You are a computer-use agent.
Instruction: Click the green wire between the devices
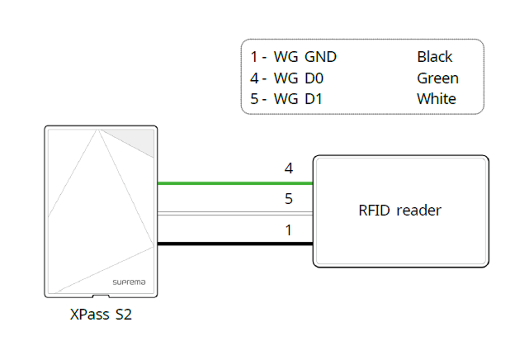point(234,183)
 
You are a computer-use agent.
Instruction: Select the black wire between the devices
point(234,244)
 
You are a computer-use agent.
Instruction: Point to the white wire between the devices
point(234,214)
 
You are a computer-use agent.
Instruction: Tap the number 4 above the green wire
point(288,168)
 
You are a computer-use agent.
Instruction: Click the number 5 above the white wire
point(288,199)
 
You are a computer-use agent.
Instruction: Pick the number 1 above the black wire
point(288,230)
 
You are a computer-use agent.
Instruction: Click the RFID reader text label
point(400,211)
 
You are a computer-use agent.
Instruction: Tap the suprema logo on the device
point(128,282)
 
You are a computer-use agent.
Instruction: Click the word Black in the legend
point(434,57)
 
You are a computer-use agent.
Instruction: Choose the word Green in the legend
point(437,78)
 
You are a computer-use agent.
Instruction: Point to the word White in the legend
point(437,99)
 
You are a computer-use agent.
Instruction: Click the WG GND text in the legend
point(305,57)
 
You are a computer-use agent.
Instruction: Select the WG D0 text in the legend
point(299,78)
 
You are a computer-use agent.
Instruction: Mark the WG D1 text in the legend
point(299,99)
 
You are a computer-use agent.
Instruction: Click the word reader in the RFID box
point(418,211)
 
